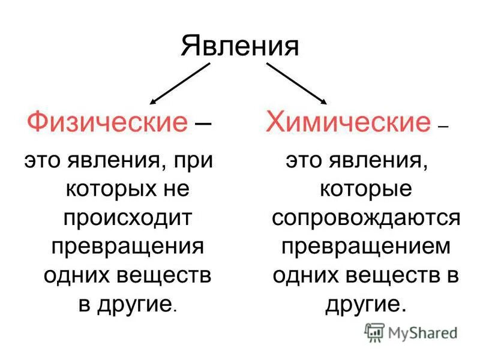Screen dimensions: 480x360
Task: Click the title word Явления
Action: pyautogui.click(x=239, y=46)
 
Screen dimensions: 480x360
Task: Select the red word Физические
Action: pyautogui.click(x=107, y=123)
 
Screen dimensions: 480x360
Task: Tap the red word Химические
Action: pyautogui.click(x=348, y=123)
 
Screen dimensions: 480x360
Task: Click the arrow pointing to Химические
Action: pyautogui.click(x=296, y=84)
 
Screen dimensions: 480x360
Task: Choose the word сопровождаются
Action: pyautogui.click(x=365, y=218)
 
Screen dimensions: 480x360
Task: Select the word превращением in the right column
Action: pyautogui.click(x=365, y=247)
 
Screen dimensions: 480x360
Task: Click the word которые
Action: pyautogui.click(x=365, y=189)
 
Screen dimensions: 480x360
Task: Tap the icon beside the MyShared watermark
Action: pyautogui.click(x=374, y=332)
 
